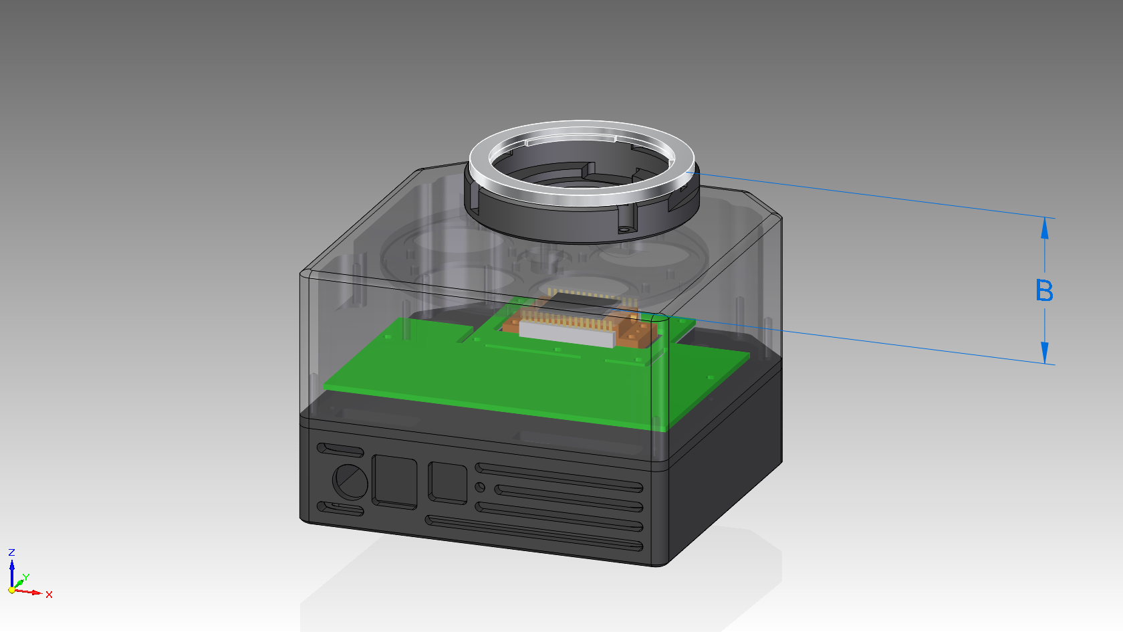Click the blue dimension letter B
point(1044,290)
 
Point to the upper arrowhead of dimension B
point(1045,227)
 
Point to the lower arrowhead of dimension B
point(1045,353)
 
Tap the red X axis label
point(49,595)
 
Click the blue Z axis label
point(11,552)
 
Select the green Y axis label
point(26,577)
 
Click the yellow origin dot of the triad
point(12,590)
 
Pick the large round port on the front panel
point(350,482)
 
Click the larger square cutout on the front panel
point(394,482)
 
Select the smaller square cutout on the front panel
point(448,483)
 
